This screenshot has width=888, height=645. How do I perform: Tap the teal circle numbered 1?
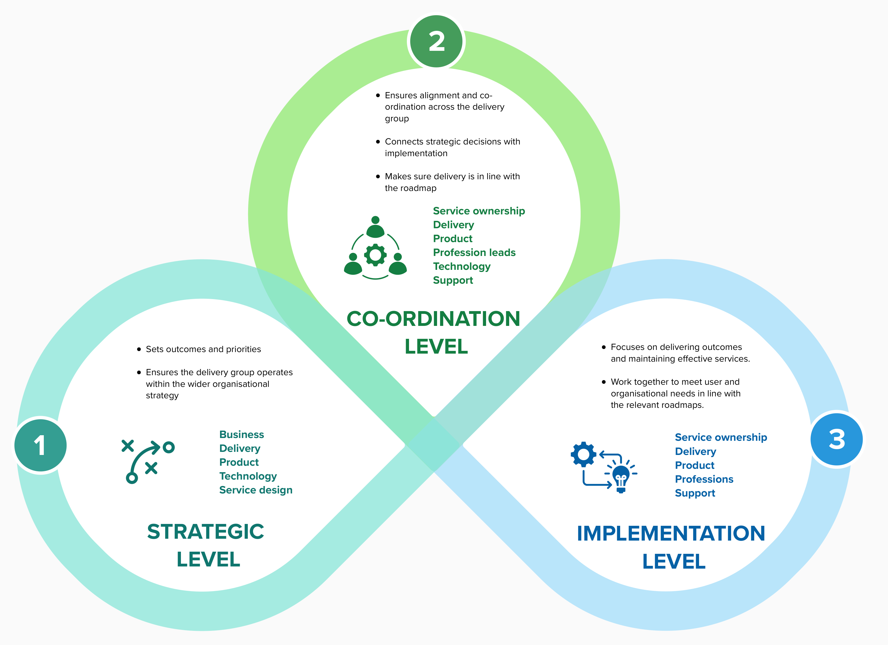(40, 445)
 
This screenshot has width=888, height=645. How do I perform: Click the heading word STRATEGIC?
(206, 532)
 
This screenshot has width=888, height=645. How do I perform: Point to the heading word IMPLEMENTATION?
(671, 533)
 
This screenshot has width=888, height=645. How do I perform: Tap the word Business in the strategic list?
(242, 434)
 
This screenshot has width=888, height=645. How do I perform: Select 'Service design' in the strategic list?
(256, 490)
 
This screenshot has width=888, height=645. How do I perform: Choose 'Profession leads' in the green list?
(474, 253)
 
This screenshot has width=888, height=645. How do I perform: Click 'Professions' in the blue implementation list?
(704, 479)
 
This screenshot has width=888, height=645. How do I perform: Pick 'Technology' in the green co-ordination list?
(462, 266)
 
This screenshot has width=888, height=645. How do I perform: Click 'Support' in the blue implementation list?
(695, 493)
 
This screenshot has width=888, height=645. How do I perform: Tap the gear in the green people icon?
(375, 255)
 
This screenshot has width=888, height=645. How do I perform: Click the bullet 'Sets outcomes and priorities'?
(203, 349)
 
